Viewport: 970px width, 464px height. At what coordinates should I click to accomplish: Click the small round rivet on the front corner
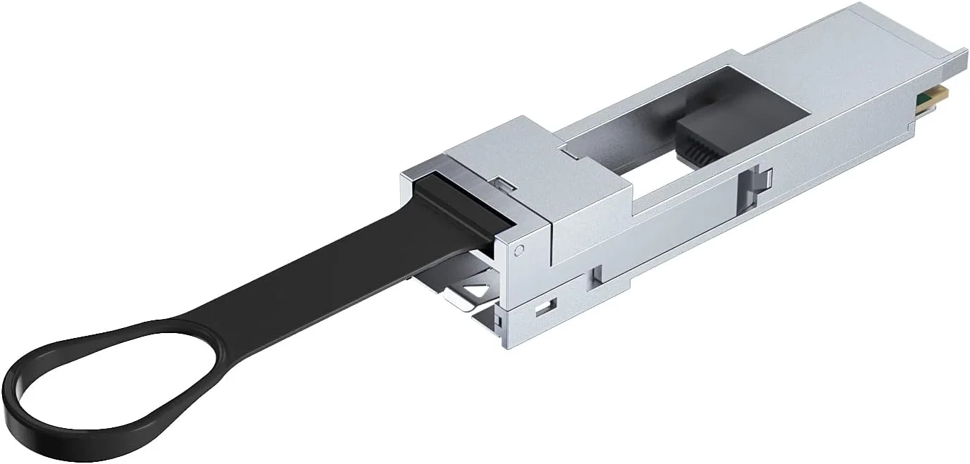tap(520, 250)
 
